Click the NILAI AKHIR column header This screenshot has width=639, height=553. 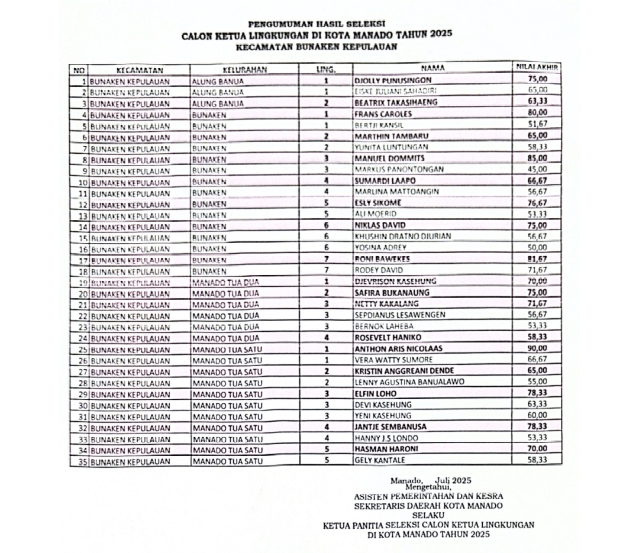coord(537,67)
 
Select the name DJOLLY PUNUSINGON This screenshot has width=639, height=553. coord(392,80)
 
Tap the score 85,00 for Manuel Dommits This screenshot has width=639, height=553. coord(537,158)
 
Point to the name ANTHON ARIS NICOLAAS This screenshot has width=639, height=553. coord(398,348)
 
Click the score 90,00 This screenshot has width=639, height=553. coord(537,348)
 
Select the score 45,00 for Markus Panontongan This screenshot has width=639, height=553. coord(537,170)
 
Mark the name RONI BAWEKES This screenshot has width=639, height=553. coord(382,259)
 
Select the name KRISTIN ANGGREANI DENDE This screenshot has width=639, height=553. coord(405,371)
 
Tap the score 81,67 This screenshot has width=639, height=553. coord(537,259)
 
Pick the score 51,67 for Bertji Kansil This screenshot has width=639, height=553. coord(537,124)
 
